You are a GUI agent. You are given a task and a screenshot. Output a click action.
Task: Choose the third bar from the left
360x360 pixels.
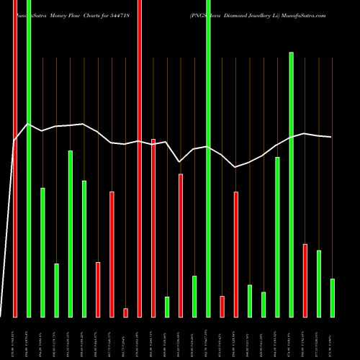point(42,252)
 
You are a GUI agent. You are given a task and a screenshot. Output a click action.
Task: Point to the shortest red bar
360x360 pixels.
point(125,312)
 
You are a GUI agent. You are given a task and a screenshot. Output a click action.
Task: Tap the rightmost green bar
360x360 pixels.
point(333,297)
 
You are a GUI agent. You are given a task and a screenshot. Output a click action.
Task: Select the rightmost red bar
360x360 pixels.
point(305,280)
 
